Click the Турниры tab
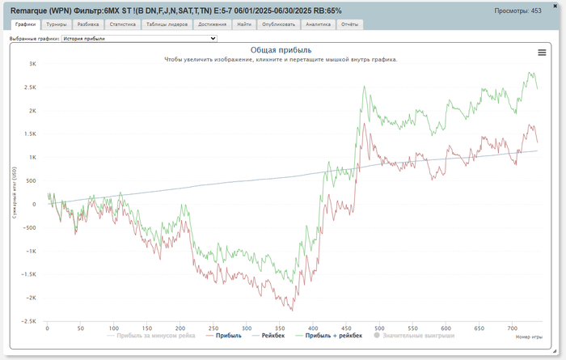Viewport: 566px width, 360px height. pyautogui.click(x=57, y=25)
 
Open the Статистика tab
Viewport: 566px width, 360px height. pyautogui.click(x=124, y=25)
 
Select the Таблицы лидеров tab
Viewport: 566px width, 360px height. pyautogui.click(x=168, y=25)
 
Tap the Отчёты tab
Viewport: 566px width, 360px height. pyautogui.click(x=349, y=25)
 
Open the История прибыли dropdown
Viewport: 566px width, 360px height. pyautogui.click(x=139, y=38)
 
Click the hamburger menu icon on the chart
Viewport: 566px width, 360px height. pyautogui.click(x=542, y=52)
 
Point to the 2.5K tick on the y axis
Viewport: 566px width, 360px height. pyautogui.click(x=31, y=87)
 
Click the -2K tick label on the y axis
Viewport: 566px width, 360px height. pyautogui.click(x=31, y=298)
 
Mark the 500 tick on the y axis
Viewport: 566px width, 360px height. pyautogui.click(x=31, y=180)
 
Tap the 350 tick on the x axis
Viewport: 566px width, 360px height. pyautogui.click(x=280, y=328)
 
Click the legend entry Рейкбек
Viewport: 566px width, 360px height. pyautogui.click(x=271, y=335)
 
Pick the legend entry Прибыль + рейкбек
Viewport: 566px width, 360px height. pyautogui.click(x=333, y=335)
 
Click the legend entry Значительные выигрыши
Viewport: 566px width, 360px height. pyautogui.click(x=415, y=335)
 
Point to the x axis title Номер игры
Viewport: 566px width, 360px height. pyautogui.click(x=529, y=337)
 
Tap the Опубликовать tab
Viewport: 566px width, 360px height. pyautogui.click(x=277, y=25)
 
